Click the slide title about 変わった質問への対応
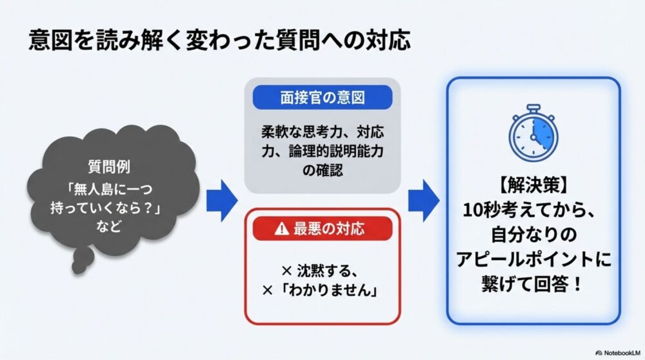coord(220,40)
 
